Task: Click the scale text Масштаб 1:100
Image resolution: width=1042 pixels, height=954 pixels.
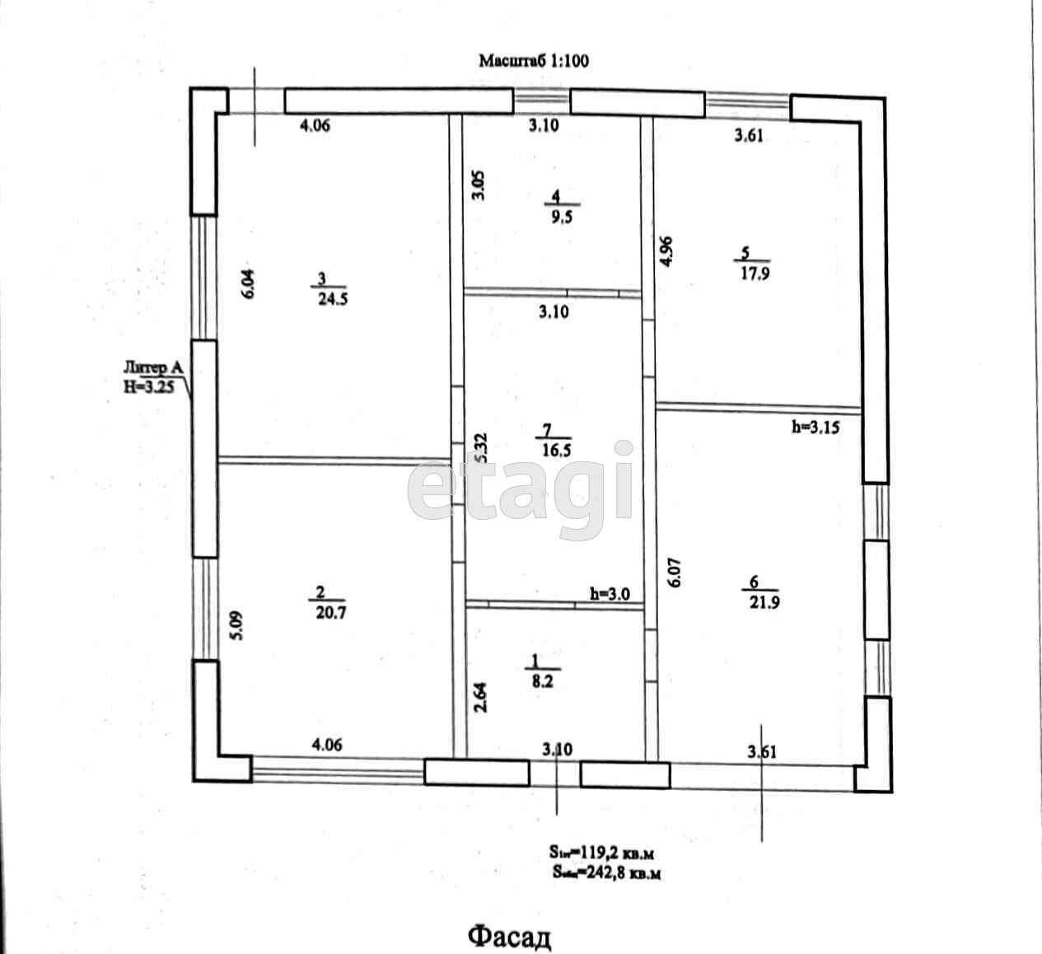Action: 534,60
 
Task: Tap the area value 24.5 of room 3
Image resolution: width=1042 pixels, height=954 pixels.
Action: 333,299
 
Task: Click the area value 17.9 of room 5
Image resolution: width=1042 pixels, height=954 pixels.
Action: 754,274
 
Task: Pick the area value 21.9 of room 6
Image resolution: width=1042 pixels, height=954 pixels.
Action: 764,602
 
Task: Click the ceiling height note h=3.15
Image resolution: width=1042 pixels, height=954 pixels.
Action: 815,426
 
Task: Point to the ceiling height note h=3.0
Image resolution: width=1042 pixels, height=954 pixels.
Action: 610,593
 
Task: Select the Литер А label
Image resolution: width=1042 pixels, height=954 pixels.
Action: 153,368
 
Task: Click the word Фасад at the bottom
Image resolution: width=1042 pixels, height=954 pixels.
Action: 509,937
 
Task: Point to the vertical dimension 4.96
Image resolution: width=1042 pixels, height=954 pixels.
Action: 667,252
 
